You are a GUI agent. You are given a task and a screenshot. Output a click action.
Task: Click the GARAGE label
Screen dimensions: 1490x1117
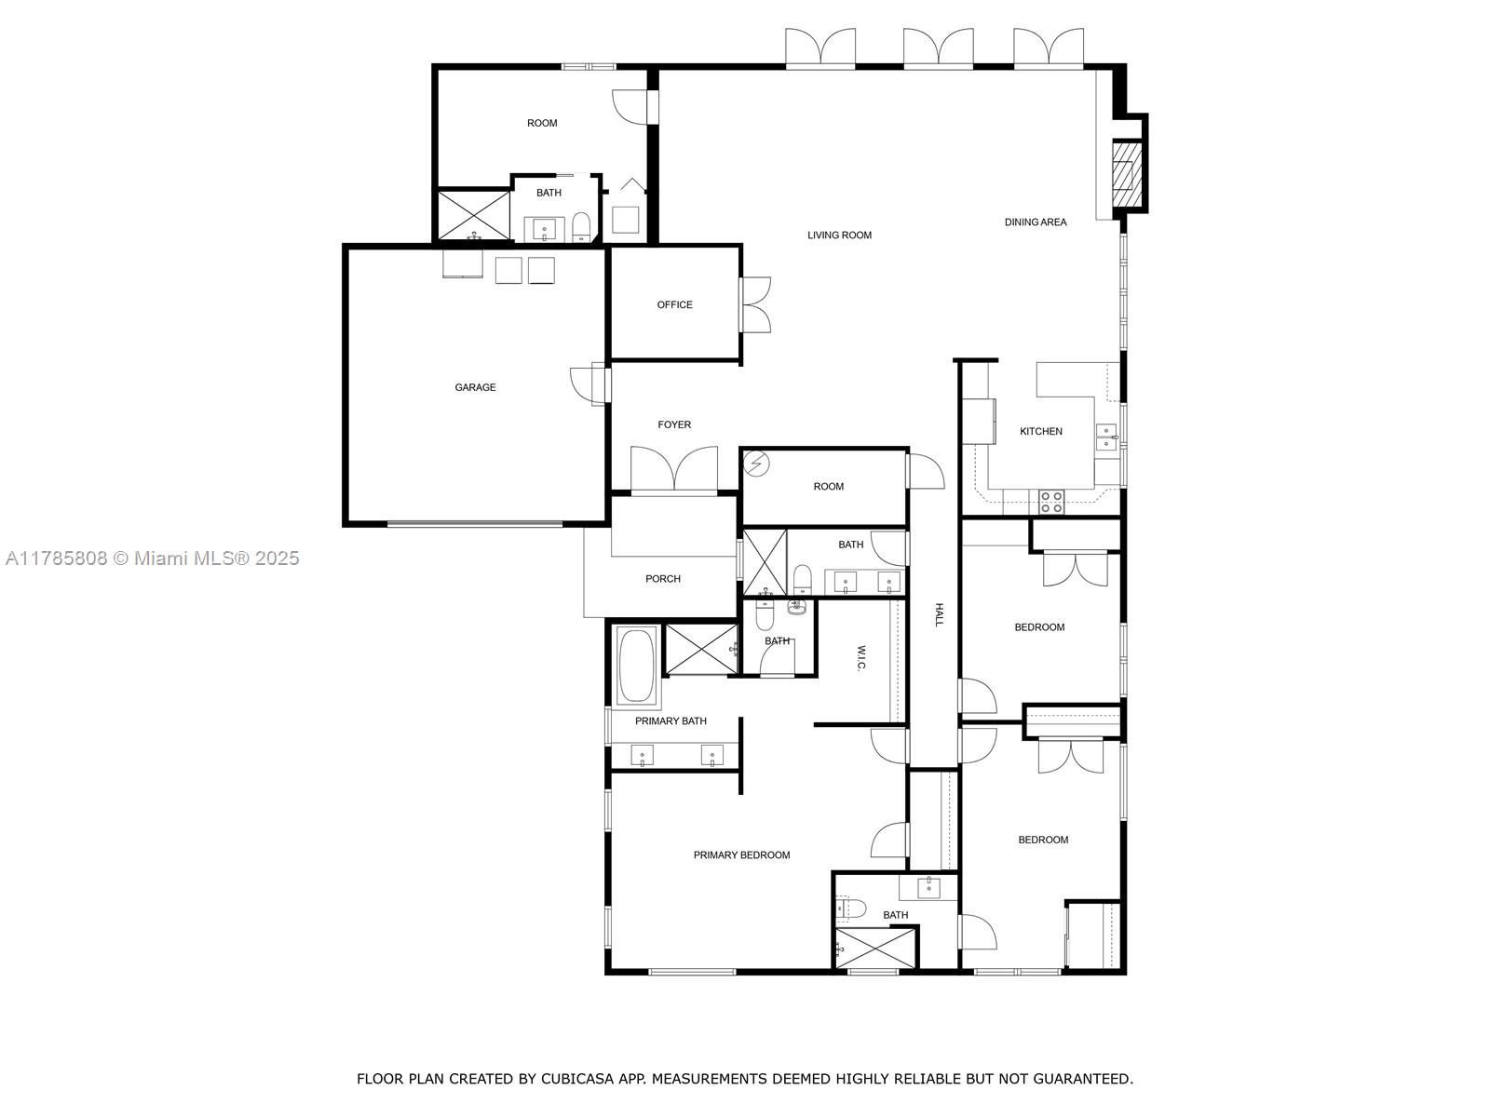475,387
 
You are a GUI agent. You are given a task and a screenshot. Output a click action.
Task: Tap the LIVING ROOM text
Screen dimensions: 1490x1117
839,236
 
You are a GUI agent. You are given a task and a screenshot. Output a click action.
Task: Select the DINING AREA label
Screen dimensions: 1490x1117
1036,222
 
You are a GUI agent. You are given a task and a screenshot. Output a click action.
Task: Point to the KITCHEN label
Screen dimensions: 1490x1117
1040,431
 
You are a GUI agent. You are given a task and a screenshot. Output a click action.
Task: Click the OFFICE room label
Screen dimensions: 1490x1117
675,305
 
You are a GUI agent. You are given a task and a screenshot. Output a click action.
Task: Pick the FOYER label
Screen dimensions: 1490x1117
674,424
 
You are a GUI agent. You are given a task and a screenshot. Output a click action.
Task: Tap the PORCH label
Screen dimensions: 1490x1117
662,578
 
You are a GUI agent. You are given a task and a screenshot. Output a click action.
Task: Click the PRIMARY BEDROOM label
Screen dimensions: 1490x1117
741,855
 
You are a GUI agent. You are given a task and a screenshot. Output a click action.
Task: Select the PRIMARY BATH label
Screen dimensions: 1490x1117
670,720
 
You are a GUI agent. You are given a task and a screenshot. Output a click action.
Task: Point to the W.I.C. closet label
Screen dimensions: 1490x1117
861,657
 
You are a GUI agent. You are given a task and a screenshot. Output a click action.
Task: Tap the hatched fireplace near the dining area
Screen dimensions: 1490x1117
1126,175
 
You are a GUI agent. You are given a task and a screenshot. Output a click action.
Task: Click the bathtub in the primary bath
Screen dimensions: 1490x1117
636,666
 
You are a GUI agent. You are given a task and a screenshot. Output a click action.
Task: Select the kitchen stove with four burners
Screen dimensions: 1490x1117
1050,502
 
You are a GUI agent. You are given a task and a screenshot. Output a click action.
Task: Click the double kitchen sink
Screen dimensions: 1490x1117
1107,437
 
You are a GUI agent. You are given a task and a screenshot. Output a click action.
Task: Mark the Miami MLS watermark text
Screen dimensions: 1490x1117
152,558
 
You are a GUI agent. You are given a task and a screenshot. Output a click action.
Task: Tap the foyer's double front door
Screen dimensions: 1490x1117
674,469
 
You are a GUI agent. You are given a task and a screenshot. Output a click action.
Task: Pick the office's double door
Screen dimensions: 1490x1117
755,304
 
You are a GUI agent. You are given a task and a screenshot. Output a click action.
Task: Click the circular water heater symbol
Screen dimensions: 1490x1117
757,464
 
